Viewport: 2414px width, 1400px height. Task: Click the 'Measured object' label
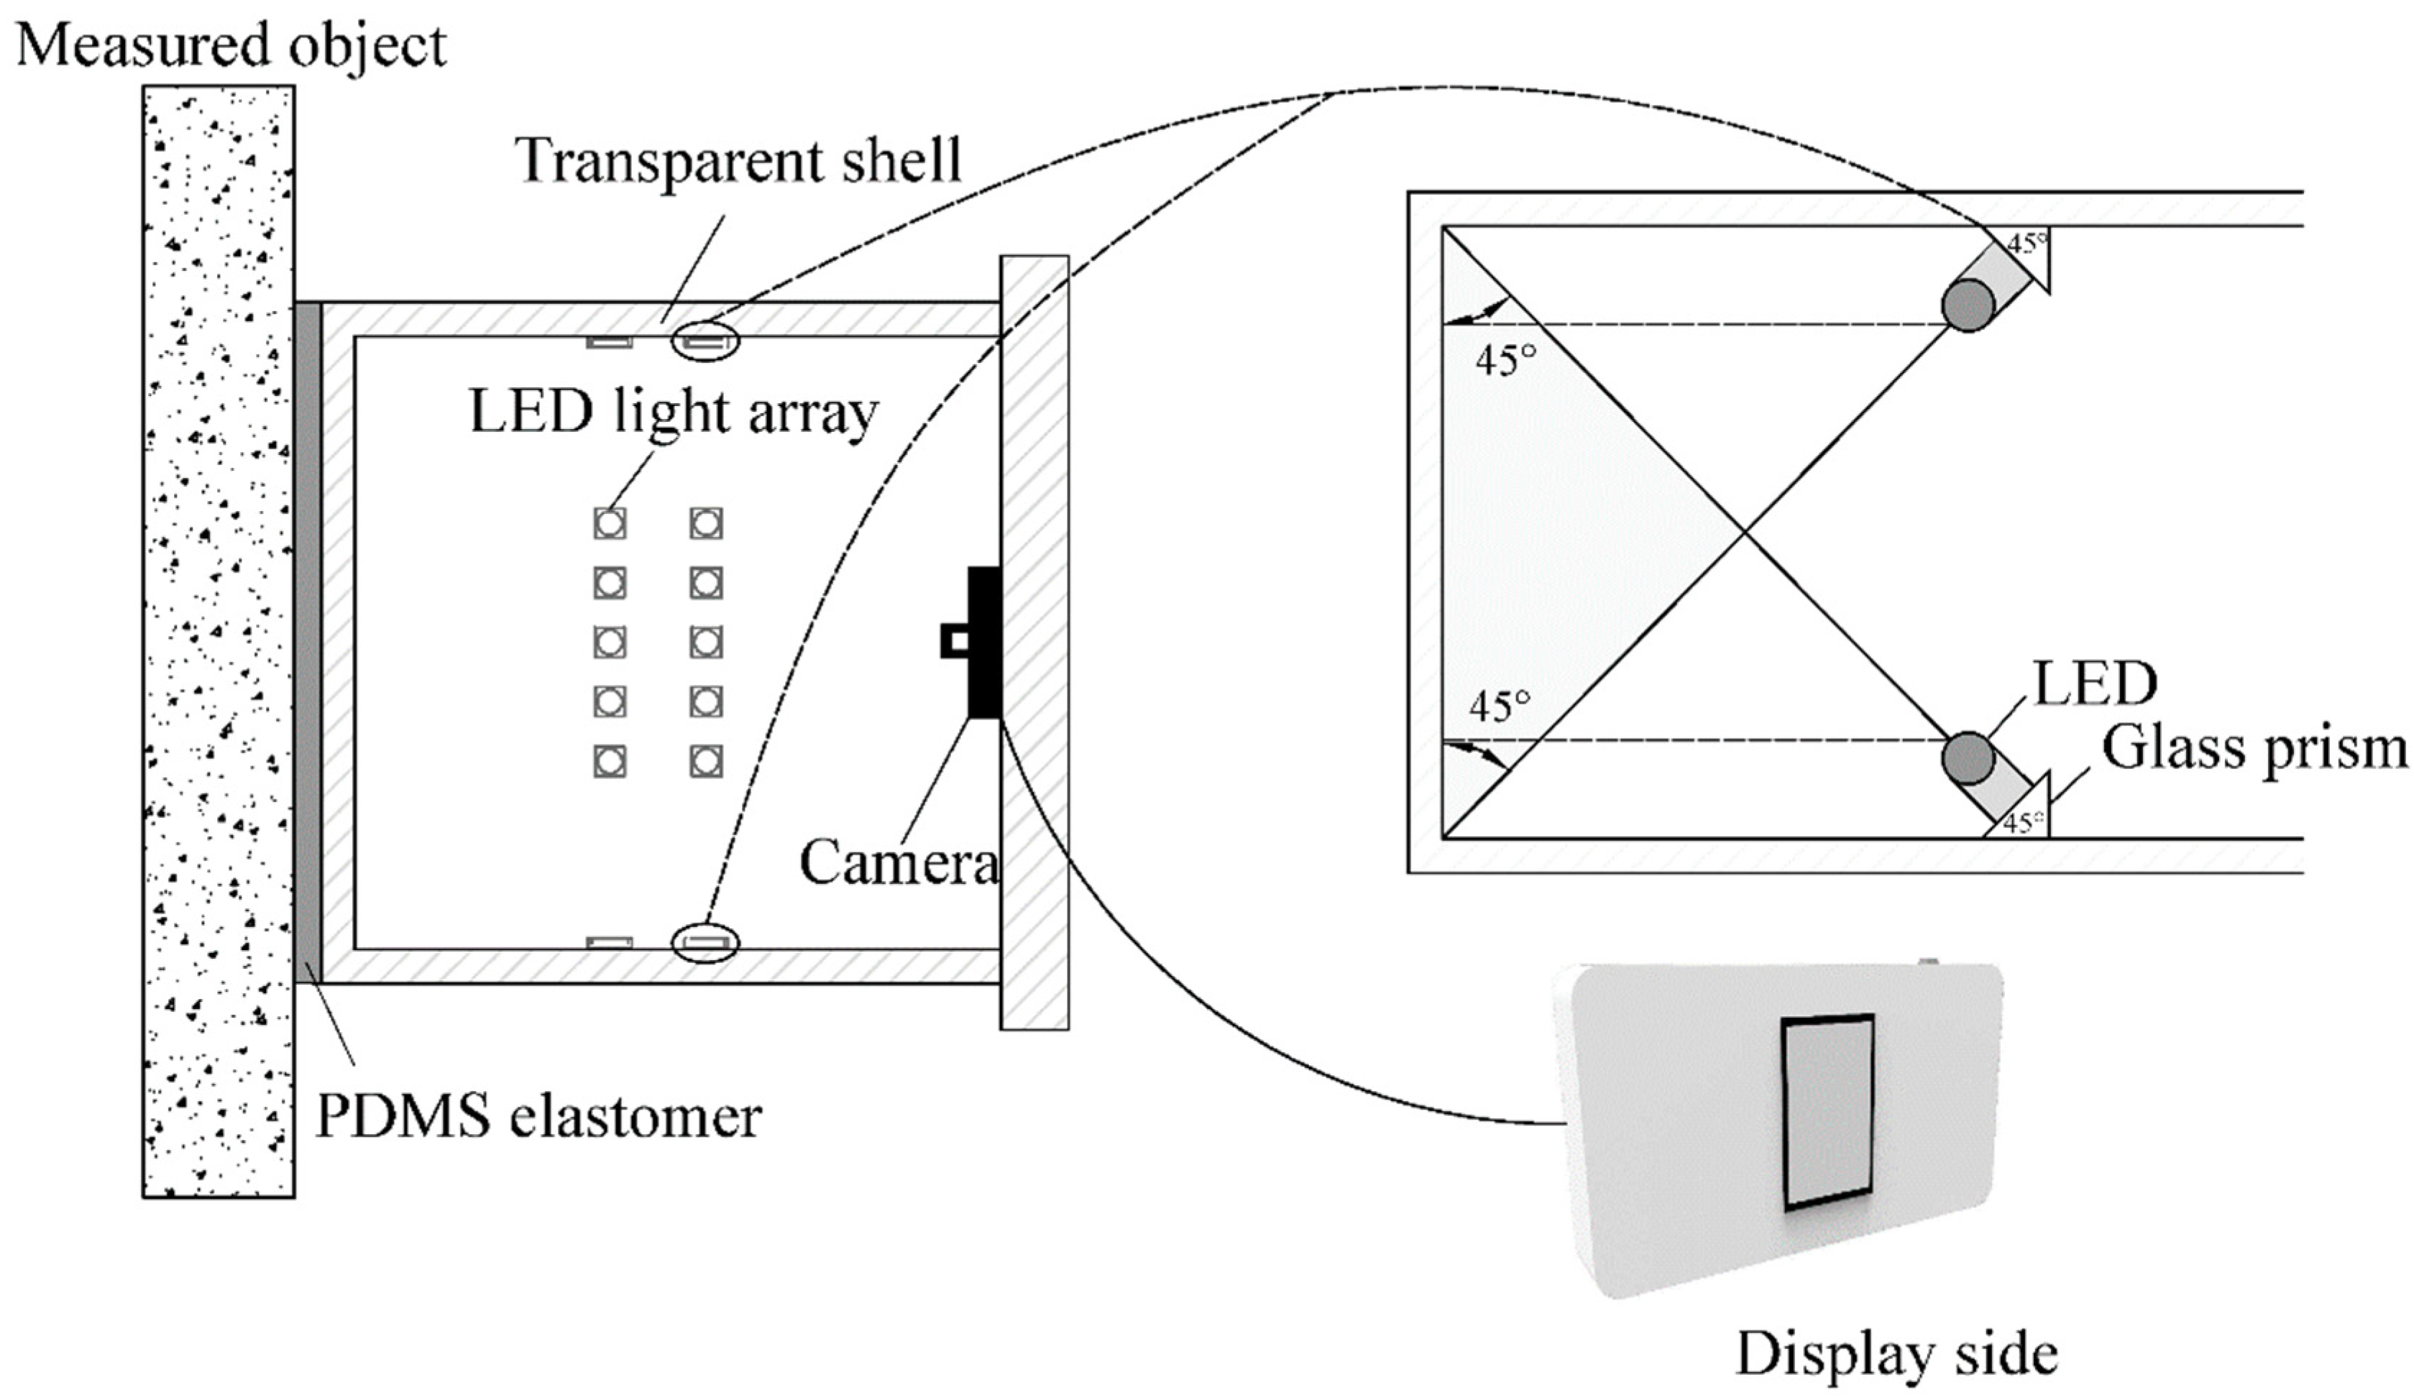coord(231,45)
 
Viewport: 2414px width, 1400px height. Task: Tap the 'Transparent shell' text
coord(738,160)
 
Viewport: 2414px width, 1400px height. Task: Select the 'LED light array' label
coord(674,412)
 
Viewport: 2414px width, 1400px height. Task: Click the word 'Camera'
coord(899,862)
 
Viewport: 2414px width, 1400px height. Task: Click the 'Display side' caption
coord(1896,1354)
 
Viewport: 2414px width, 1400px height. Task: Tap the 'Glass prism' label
coord(2253,748)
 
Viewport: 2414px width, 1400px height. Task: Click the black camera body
coord(984,642)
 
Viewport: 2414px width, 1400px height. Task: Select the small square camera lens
coord(954,640)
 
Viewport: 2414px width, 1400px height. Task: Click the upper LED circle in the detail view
coord(1968,305)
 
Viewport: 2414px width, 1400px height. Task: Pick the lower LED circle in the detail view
coord(1968,757)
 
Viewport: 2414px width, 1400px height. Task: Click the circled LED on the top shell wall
coord(705,341)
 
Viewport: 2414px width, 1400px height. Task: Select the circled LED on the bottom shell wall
coord(705,942)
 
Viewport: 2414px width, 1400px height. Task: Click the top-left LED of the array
coord(610,523)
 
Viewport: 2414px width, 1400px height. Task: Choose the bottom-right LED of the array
coord(706,761)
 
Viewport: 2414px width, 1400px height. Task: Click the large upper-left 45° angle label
coord(1505,361)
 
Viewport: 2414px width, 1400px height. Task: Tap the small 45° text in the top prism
coord(2026,244)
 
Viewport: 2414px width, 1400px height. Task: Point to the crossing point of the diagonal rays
coord(1745,533)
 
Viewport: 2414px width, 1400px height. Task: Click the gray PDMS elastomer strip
coord(308,642)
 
